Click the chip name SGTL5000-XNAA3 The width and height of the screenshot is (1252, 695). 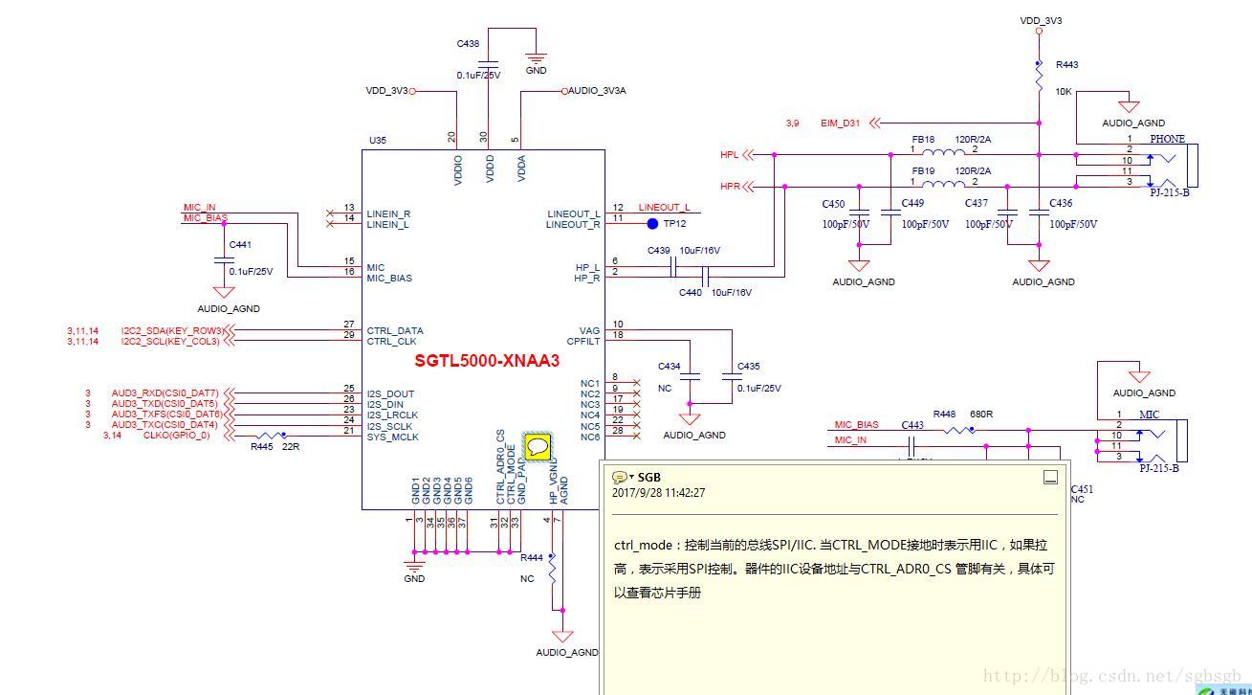click(x=487, y=361)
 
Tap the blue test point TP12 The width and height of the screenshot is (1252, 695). click(x=652, y=224)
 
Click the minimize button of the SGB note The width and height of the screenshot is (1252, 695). click(x=1049, y=478)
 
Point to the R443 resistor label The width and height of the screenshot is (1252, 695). click(x=1066, y=65)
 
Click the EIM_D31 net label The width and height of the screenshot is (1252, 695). click(x=840, y=123)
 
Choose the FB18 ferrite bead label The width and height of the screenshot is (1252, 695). click(x=923, y=140)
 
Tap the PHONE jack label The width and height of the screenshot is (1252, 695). click(x=1167, y=140)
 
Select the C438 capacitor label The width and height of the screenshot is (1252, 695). click(x=468, y=44)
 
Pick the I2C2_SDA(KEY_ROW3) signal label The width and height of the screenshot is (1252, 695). click(x=171, y=331)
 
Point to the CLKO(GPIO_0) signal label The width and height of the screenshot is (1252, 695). click(x=176, y=436)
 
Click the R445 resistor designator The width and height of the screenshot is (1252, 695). click(x=261, y=447)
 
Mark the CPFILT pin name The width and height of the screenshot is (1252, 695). click(x=583, y=341)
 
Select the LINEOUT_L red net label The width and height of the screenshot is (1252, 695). click(x=664, y=208)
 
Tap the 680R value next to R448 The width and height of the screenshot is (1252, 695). click(x=980, y=415)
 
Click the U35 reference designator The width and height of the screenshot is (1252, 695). click(x=378, y=141)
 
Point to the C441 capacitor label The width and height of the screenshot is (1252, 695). click(x=240, y=245)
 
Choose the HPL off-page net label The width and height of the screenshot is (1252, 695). click(x=730, y=155)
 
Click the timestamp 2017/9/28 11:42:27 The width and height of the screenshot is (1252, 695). click(x=658, y=493)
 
